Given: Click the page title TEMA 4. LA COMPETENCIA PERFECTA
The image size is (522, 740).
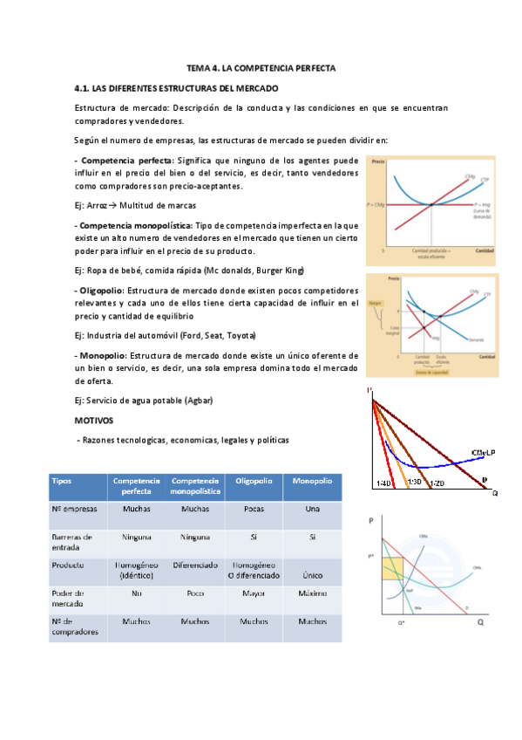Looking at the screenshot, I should [261, 67].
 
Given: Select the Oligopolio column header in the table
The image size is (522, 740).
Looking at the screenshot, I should [253, 481].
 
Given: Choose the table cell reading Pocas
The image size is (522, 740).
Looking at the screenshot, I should [253, 508].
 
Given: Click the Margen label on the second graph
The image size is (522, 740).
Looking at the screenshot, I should [376, 304].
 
